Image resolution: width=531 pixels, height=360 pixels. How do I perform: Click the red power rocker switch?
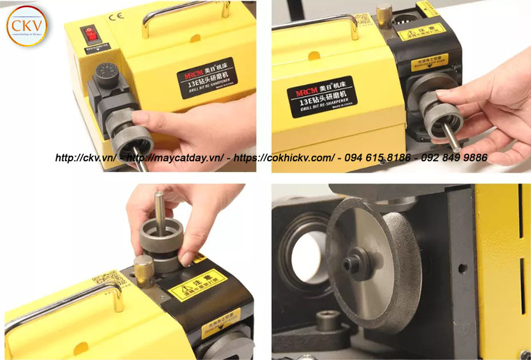[90, 35]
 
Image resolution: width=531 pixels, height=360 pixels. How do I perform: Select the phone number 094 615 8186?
[377, 157]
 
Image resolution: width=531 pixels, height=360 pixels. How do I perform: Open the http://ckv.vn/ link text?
[86, 158]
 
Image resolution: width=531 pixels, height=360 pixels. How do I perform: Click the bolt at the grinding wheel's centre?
[350, 265]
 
